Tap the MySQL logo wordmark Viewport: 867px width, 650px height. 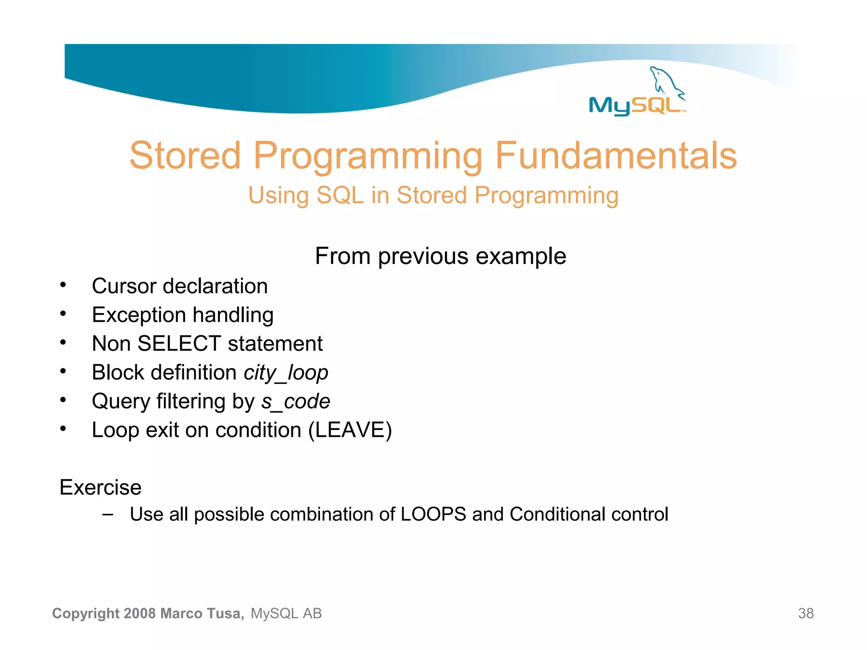(x=635, y=105)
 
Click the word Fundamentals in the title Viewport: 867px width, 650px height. (x=616, y=156)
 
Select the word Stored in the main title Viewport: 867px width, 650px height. (x=185, y=156)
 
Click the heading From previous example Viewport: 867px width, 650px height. (x=440, y=256)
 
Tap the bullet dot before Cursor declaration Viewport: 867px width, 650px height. (x=63, y=285)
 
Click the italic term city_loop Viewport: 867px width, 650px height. (x=286, y=373)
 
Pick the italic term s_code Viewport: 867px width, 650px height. (x=295, y=401)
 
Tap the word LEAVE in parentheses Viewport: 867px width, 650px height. (x=350, y=430)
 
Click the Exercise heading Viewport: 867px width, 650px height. (x=100, y=487)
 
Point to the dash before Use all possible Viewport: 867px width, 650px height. (x=108, y=515)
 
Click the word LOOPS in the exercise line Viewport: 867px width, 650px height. (x=433, y=515)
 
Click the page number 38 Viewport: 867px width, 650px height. (x=806, y=613)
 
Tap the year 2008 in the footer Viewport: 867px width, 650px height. (x=140, y=613)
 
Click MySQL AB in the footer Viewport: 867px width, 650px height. (x=286, y=613)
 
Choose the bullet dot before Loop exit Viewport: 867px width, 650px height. (x=63, y=429)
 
